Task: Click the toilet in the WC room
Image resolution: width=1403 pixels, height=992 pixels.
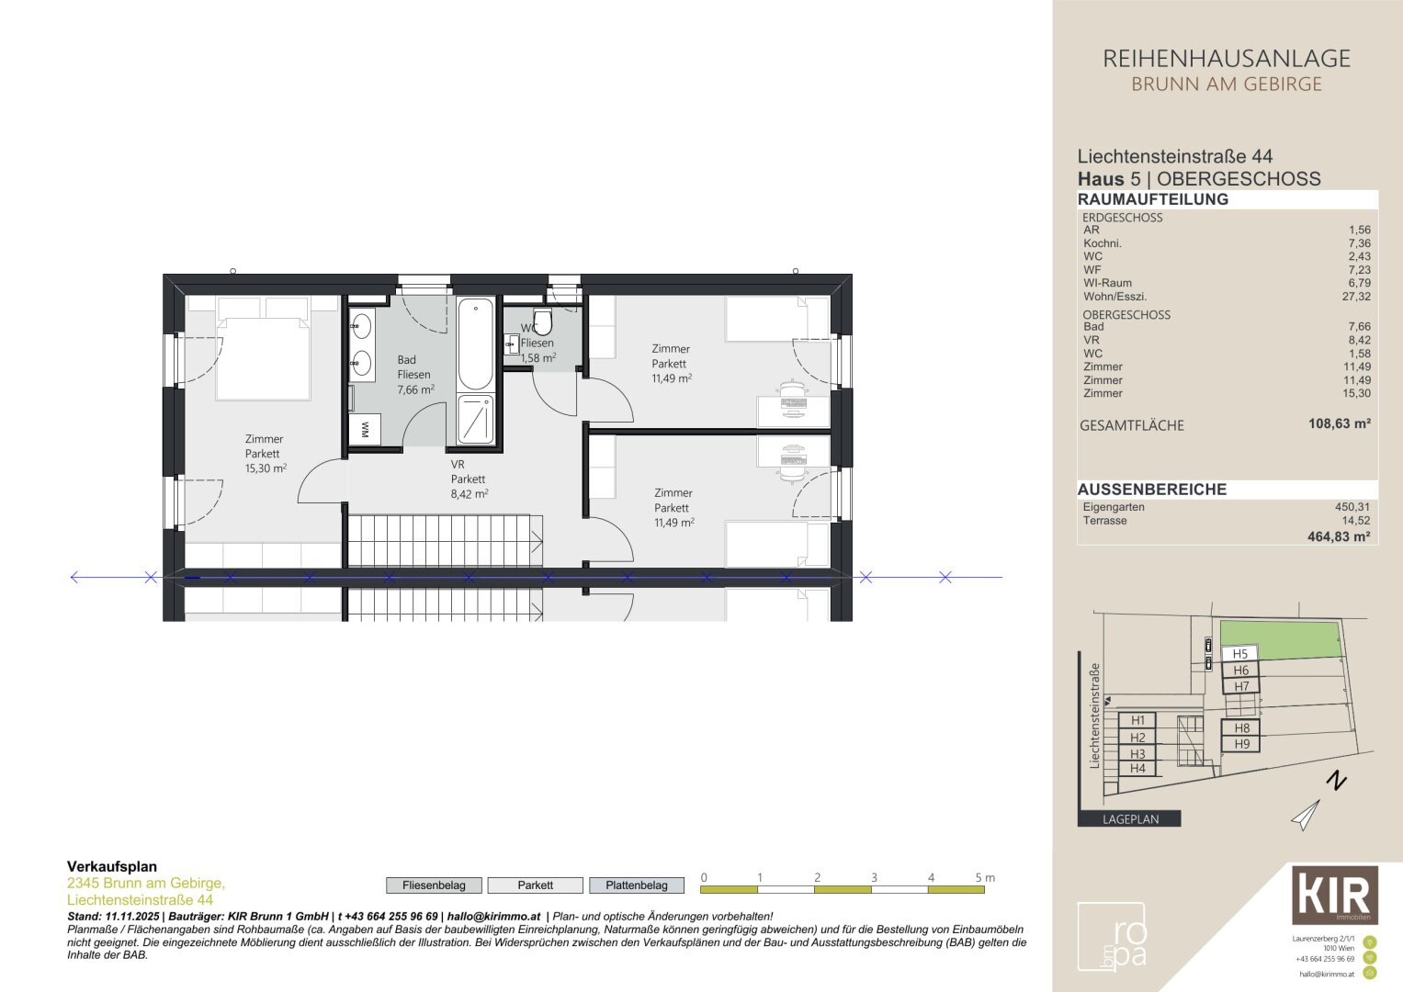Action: [542, 322]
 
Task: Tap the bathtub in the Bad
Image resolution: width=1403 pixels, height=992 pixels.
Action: [475, 344]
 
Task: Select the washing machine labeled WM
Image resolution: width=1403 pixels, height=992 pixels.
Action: [365, 429]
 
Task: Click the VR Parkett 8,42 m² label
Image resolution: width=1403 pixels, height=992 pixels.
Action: [469, 479]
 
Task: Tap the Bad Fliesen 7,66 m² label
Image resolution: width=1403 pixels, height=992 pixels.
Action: [414, 375]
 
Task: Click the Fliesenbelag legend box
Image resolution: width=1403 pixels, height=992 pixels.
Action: [434, 885]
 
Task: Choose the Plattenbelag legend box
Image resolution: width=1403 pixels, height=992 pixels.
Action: [637, 885]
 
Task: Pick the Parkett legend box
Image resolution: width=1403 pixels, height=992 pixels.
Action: [535, 885]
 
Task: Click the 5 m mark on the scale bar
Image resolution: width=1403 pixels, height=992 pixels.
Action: [983, 879]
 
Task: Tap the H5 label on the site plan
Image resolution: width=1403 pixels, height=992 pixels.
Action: [1239, 654]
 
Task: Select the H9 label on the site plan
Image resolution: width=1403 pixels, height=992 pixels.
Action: [1241, 744]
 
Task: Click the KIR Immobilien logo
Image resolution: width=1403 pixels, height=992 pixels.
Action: [1334, 895]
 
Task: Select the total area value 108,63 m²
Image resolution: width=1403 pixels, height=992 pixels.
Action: [1339, 424]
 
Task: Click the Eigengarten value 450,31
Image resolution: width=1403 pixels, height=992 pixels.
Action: [1352, 507]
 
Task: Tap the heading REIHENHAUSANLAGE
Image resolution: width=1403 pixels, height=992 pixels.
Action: [1227, 59]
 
